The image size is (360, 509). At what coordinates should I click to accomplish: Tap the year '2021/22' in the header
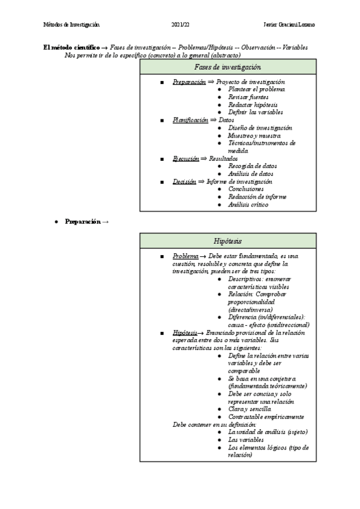point(180,25)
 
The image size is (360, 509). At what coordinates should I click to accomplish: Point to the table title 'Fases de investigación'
point(227,67)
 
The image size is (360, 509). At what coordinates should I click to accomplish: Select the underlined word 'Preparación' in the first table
point(189,82)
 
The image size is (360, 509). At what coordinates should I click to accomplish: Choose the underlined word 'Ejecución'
point(185,158)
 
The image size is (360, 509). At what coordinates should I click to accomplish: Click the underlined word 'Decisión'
point(184,181)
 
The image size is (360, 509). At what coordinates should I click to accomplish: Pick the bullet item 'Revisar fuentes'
point(248,97)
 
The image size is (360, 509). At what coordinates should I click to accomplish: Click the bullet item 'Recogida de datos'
point(253,166)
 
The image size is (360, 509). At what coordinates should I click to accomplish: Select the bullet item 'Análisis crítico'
point(248,204)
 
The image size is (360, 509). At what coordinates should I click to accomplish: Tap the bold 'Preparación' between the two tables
point(83,222)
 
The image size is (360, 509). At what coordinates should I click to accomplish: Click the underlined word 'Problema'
point(185,256)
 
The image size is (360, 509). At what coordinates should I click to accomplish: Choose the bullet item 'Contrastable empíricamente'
point(266,417)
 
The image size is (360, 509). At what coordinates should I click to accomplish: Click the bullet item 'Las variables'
point(246,440)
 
